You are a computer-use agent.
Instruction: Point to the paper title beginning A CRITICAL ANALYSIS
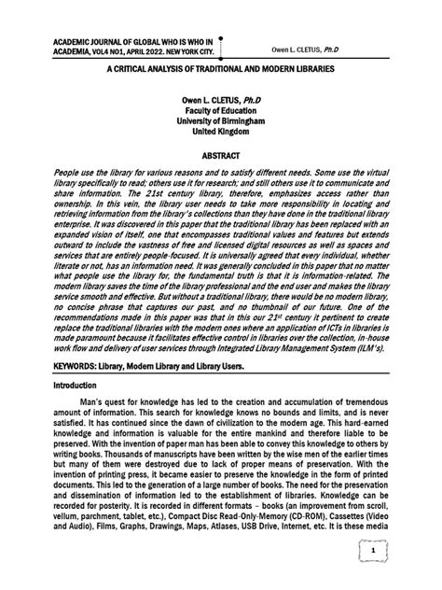pos(220,70)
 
